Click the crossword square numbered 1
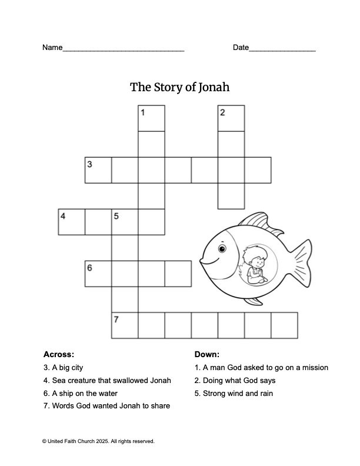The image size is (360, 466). tap(151, 118)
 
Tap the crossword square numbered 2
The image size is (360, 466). tap(231, 118)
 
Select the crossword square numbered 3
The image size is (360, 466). tap(98, 171)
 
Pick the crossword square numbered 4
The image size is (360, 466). tap(72, 222)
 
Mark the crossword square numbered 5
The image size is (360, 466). tap(125, 222)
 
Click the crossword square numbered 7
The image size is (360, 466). tap(125, 325)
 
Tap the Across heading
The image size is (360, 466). tap(59, 355)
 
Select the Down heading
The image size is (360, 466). tap(206, 355)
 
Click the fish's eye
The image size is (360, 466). tap(222, 249)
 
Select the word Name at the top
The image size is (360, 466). tap(52, 48)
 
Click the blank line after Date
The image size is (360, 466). tap(282, 49)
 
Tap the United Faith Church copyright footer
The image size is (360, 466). tap(98, 441)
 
